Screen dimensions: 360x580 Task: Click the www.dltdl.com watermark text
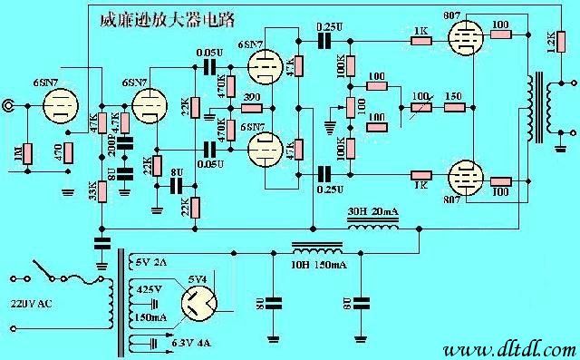(x=510, y=349)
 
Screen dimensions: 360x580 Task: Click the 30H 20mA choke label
(x=373, y=211)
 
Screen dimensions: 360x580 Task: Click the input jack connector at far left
(x=9, y=106)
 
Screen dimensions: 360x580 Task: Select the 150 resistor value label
(x=454, y=96)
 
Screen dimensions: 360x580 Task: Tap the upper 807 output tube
(x=464, y=40)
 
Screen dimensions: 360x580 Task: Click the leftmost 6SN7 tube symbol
(x=61, y=107)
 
